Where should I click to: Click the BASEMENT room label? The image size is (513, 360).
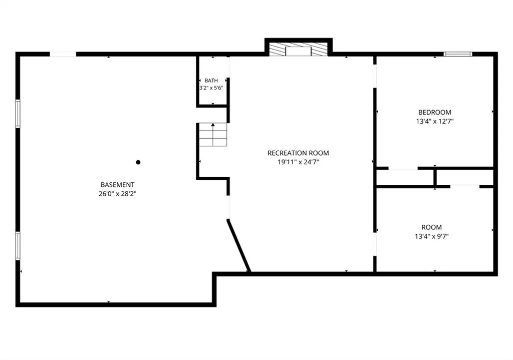pos(117,185)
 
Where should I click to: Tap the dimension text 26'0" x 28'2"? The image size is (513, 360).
pos(117,194)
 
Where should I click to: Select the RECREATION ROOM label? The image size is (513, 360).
pos(298,153)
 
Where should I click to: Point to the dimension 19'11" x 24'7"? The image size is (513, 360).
pos(298,162)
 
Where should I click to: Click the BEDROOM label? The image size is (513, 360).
pos(435,113)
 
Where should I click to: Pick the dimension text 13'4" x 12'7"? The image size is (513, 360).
pos(435,121)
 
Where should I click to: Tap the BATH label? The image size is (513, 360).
pos(211,81)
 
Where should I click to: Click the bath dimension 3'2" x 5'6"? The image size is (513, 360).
pos(211,88)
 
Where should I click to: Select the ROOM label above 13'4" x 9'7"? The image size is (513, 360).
pos(431,227)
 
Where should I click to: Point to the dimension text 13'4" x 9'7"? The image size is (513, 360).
pos(431,236)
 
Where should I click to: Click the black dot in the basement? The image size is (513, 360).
pos(138,162)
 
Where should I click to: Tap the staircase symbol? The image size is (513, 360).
pos(213,134)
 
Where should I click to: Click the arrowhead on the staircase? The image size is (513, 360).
pos(213,125)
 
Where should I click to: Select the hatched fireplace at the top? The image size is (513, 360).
pos(299,49)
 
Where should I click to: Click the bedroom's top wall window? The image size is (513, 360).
pos(458,54)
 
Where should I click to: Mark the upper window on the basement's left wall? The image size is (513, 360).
pos(18,114)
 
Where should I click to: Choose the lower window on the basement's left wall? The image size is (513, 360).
pos(18,246)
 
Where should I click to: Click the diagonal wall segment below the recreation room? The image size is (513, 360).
pos(239,246)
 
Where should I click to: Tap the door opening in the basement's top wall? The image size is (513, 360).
pos(63,54)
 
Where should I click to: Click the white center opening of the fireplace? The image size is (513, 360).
pos(299,52)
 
